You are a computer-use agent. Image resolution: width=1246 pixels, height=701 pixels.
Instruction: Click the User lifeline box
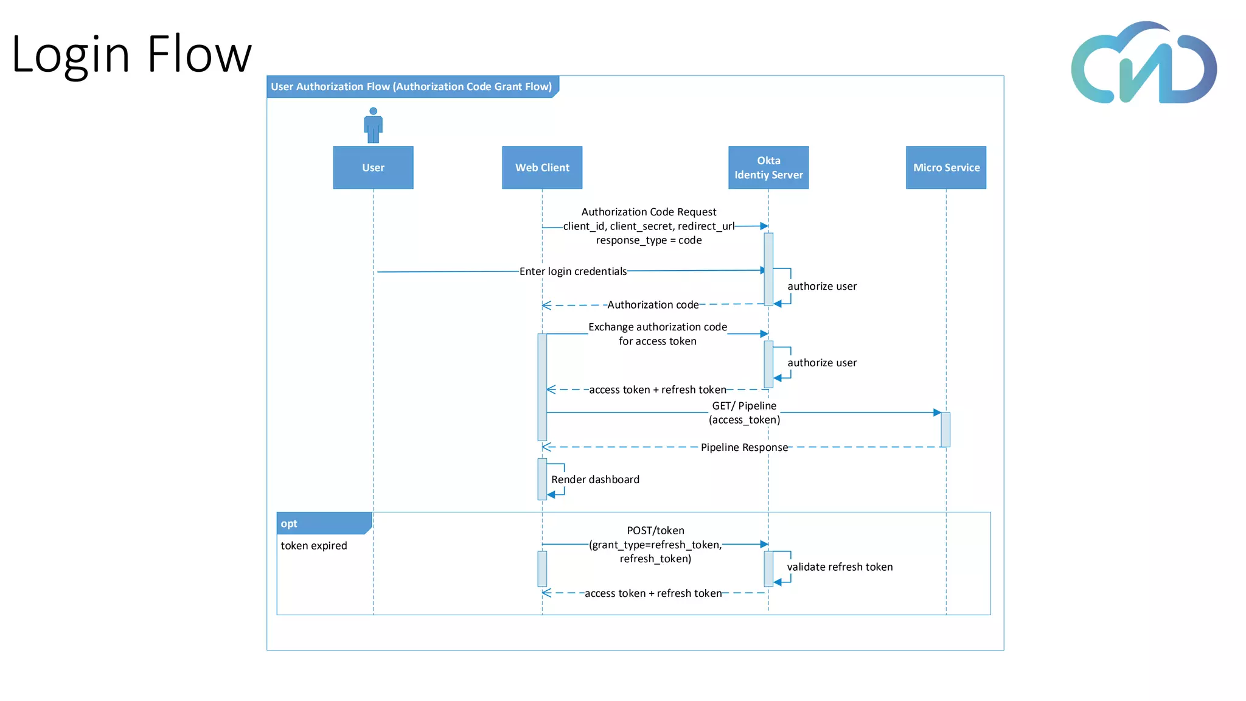click(x=373, y=167)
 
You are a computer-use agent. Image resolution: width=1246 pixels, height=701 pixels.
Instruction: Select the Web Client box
click(x=542, y=167)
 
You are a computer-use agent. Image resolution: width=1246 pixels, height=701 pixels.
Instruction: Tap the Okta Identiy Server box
click(x=768, y=167)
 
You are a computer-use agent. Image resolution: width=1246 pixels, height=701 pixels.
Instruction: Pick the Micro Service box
click(x=946, y=167)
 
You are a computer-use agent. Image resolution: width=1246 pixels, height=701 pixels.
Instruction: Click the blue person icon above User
click(x=373, y=125)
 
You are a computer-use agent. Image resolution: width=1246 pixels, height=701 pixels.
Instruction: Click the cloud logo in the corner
click(x=1143, y=64)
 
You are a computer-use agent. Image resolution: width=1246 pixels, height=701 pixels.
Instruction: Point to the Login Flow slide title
click(x=131, y=54)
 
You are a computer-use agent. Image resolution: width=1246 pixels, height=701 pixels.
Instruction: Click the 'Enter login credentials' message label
click(x=573, y=271)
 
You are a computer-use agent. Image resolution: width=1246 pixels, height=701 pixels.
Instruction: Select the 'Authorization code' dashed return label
click(x=653, y=305)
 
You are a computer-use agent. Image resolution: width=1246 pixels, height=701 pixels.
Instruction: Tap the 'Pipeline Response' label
click(x=744, y=447)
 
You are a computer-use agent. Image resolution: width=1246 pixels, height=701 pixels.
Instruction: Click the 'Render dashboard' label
click(x=595, y=480)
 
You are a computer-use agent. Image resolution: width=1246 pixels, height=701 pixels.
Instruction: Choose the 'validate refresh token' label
click(x=840, y=567)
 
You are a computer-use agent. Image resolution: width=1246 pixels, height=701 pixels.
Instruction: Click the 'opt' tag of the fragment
click(x=290, y=523)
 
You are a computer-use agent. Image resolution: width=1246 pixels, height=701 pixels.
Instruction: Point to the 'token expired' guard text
click(x=314, y=546)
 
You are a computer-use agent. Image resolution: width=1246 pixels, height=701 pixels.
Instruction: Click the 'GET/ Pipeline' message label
click(x=744, y=406)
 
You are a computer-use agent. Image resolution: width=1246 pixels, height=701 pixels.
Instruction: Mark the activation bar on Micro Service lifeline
click(x=945, y=429)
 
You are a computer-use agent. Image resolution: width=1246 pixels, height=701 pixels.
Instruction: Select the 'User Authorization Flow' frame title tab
click(x=411, y=86)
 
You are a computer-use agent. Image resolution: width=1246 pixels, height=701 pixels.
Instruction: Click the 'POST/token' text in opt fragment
click(x=655, y=531)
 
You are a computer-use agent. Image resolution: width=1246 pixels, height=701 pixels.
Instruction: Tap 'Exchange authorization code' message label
click(x=658, y=327)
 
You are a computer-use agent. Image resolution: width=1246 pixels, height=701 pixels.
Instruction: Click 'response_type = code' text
click(x=649, y=240)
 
